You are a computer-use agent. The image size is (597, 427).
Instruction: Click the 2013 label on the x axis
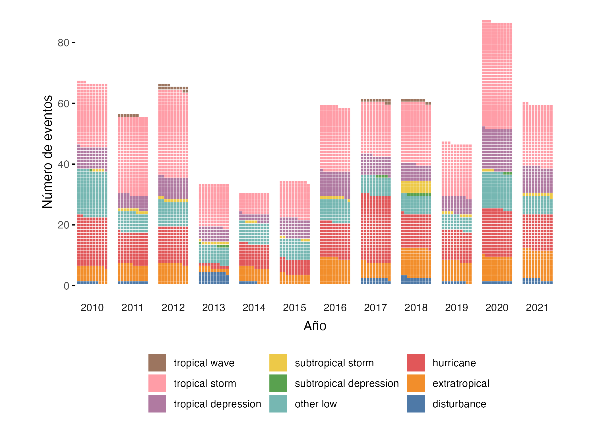(214, 308)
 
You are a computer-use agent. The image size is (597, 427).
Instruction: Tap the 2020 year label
(497, 308)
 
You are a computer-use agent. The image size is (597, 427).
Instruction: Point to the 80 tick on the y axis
(63, 43)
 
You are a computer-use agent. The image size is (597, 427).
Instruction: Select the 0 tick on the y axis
(66, 286)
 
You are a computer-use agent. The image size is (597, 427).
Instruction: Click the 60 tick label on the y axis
(63, 104)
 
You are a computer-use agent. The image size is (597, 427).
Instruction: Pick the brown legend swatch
(157, 363)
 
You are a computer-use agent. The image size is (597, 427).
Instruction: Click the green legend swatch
(278, 383)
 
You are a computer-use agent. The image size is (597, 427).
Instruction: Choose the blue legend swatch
(416, 404)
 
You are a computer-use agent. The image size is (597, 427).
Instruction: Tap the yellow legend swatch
(278, 363)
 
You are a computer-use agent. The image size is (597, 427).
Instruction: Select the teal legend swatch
(278, 404)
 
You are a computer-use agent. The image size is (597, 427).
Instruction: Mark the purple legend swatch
(157, 404)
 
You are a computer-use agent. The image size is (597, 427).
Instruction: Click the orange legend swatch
(416, 383)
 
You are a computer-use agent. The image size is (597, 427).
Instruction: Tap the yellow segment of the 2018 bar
(416, 187)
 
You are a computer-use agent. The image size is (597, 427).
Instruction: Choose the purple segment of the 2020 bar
(497, 150)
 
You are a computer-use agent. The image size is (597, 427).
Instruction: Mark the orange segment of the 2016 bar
(335, 272)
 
